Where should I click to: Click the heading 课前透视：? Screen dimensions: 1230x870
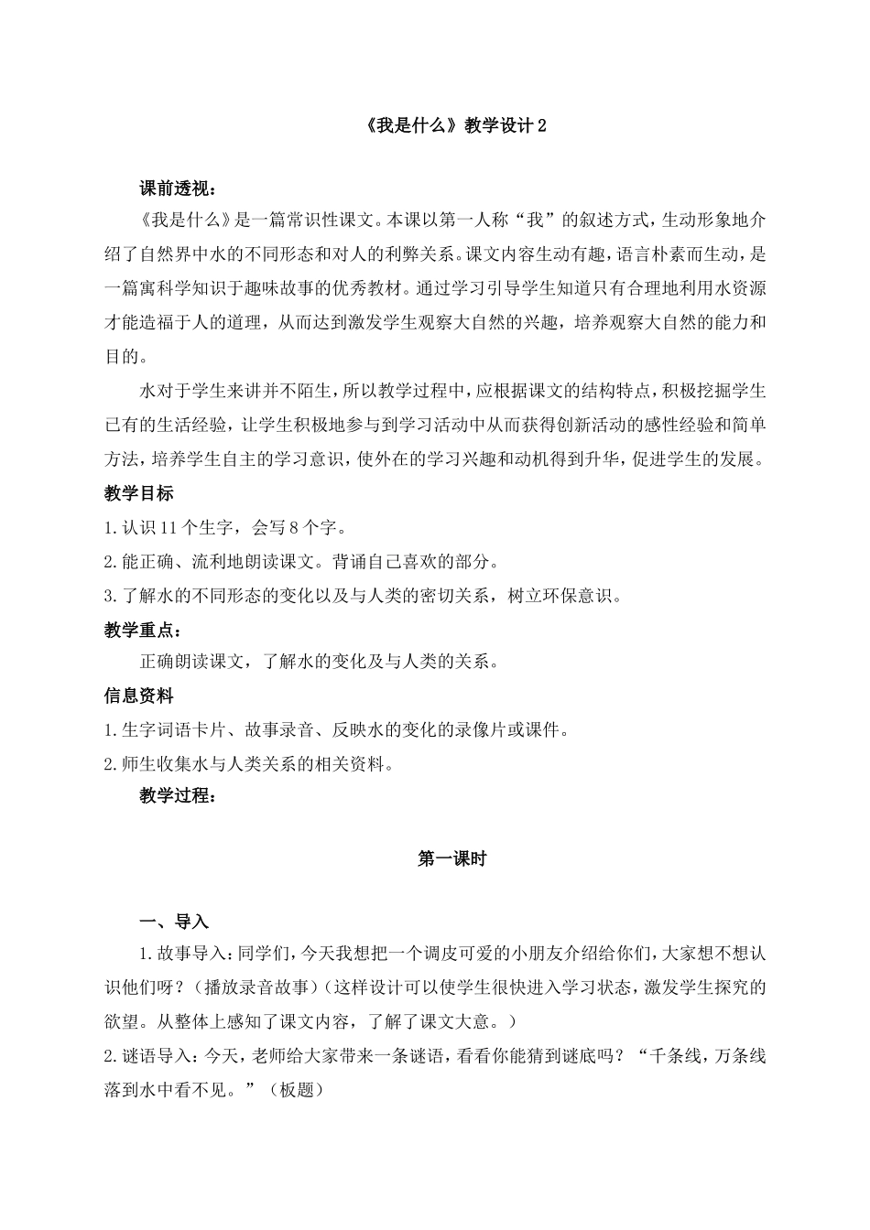178,189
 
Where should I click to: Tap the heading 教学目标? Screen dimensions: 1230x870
138,493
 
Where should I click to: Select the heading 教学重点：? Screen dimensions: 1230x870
142,630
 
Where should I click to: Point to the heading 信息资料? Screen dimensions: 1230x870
138,696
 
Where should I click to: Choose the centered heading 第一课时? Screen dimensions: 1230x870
452,859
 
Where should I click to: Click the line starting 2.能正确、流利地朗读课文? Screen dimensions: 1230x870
302,562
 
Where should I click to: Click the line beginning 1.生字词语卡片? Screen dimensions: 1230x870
337,730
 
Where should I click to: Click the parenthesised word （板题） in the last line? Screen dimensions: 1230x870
297,1090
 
